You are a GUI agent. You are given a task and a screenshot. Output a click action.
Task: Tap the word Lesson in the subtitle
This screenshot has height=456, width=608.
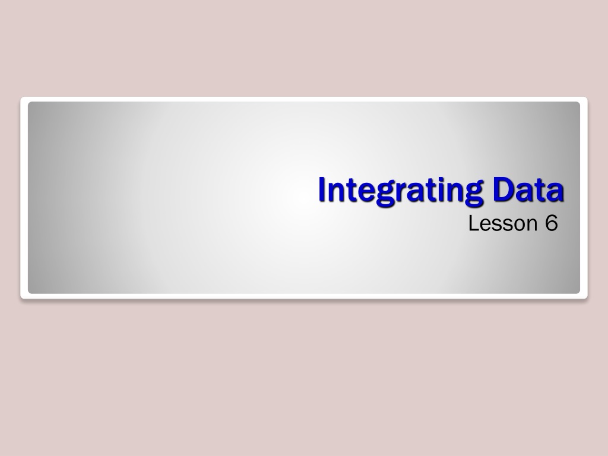pyautogui.click(x=503, y=223)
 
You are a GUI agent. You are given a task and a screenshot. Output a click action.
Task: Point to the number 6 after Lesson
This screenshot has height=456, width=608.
pyautogui.click(x=552, y=223)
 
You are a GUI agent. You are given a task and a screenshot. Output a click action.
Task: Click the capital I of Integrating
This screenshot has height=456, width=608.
pyautogui.click(x=322, y=189)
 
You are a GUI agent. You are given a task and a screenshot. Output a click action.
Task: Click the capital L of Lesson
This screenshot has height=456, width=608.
pyautogui.click(x=474, y=223)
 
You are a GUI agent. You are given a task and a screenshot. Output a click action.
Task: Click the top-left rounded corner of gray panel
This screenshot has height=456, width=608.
pyautogui.click(x=30, y=103)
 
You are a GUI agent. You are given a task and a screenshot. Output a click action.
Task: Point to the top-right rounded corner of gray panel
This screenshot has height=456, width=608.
pyautogui.click(x=578, y=103)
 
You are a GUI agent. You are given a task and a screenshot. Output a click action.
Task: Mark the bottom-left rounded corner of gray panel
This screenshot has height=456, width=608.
pyautogui.click(x=30, y=292)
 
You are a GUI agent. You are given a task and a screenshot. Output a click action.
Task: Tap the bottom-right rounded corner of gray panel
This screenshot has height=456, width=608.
pyautogui.click(x=578, y=292)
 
